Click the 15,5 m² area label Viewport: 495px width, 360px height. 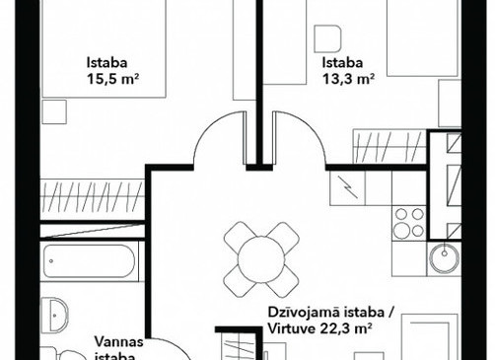[111, 79]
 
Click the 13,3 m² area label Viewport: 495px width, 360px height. [348, 79]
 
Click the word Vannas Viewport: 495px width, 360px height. [119, 341]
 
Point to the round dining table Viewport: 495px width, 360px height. [261, 259]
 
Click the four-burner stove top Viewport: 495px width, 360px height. [409, 223]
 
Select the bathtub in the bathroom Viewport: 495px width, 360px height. [90, 261]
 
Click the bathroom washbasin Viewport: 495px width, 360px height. [54, 315]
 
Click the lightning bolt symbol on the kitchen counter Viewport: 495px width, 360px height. [348, 187]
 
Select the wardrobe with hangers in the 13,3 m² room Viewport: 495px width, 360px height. [389, 146]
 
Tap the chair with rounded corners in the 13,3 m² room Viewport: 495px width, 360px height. [327, 38]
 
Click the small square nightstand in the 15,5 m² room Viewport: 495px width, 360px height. [54, 112]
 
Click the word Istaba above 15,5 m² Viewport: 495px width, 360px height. [106, 62]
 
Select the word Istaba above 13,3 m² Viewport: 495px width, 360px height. [342, 62]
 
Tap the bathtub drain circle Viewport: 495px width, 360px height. [51, 261]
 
